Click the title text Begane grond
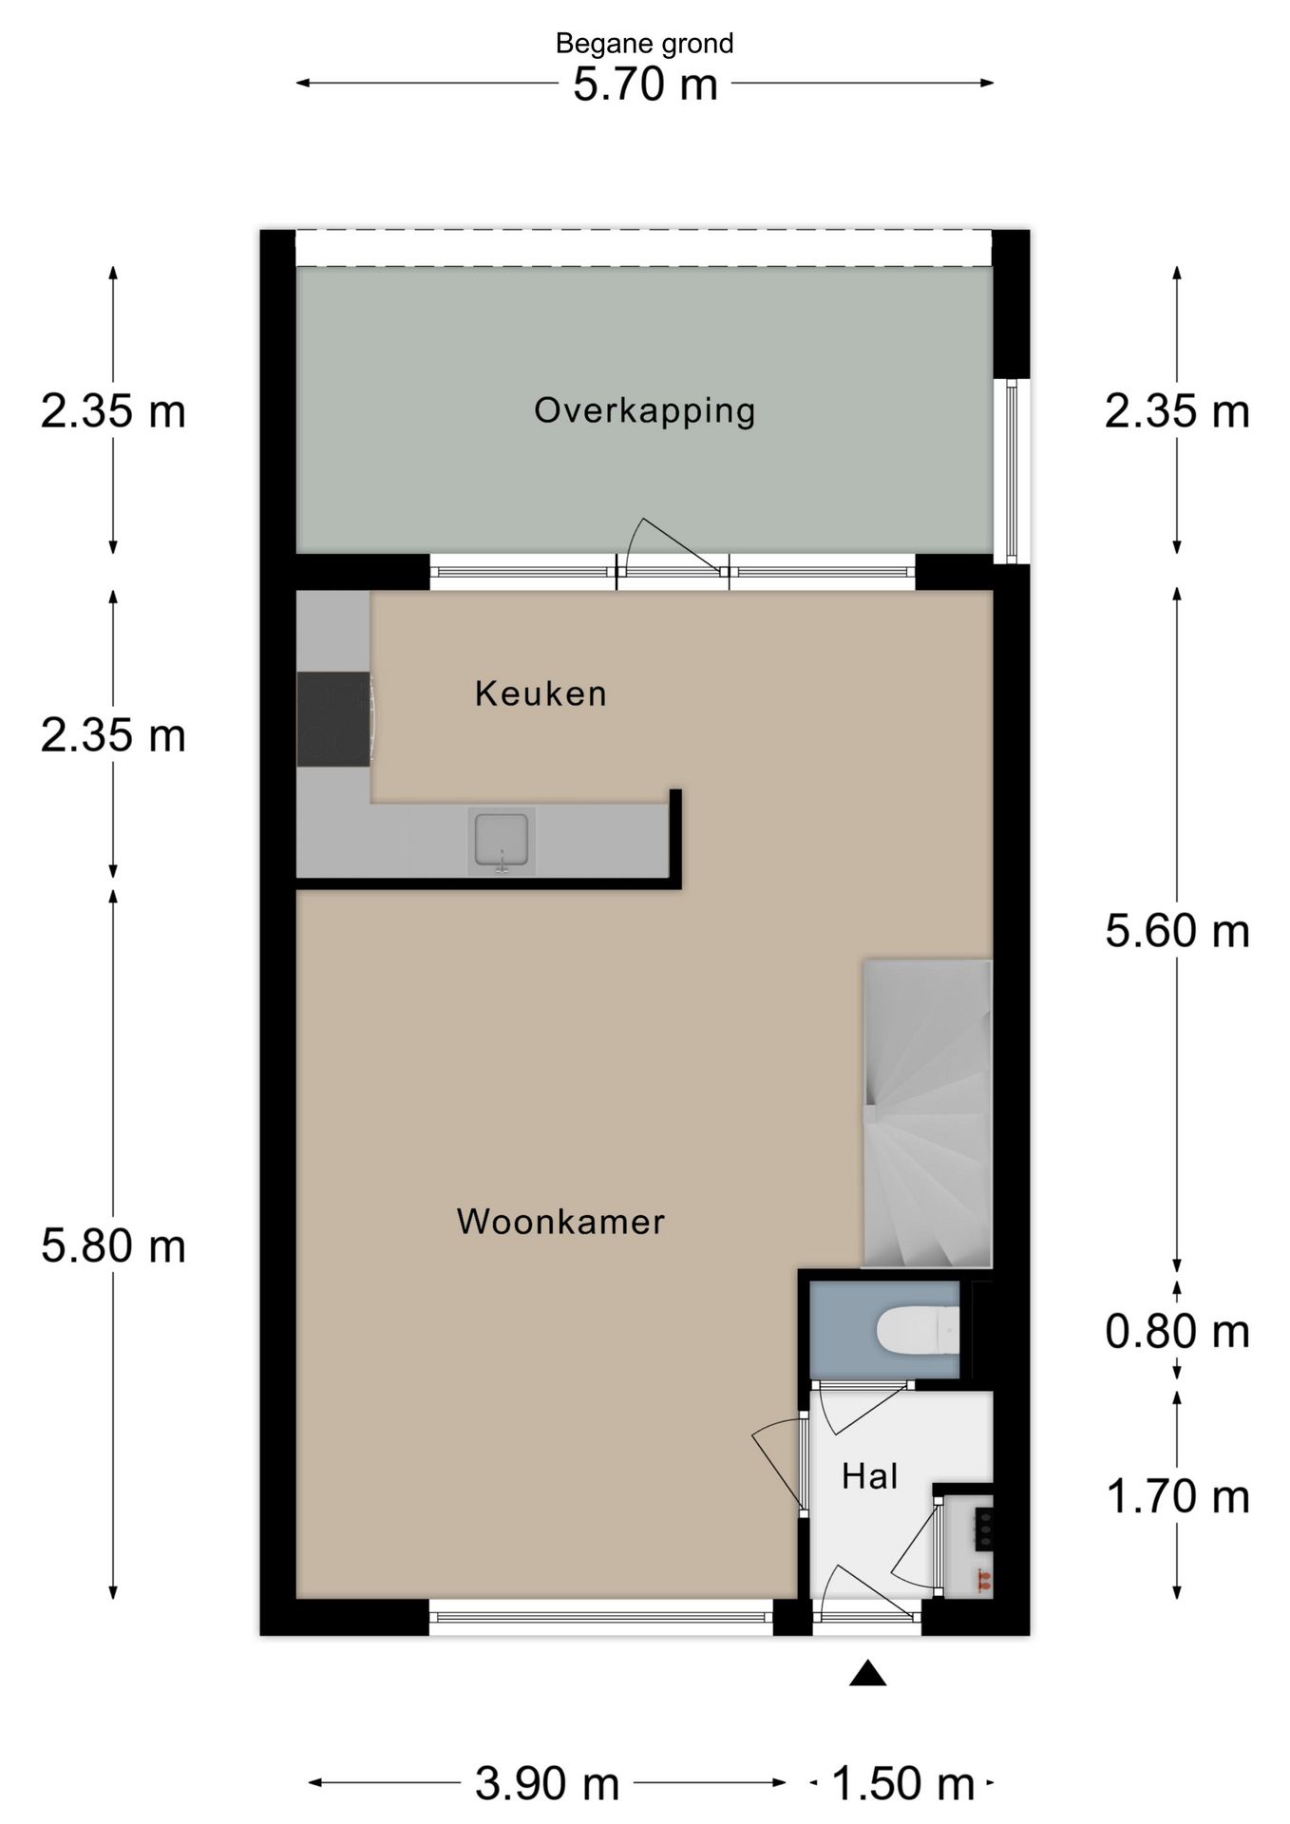pos(644,44)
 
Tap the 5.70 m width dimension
pos(644,85)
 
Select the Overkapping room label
pos(644,410)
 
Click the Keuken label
pos(541,693)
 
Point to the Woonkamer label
pos(560,1222)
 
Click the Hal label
pos(869,1476)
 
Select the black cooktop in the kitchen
pos(332,719)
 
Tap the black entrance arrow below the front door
pos(867,1674)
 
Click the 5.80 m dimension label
pos(113,1245)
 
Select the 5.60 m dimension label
pos(1177,931)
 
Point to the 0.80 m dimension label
pos(1177,1332)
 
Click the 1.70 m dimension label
pos(1177,1497)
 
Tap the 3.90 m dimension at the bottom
pos(547,1784)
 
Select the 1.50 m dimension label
pos(902,1784)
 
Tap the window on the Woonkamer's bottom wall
pos(600,1617)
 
